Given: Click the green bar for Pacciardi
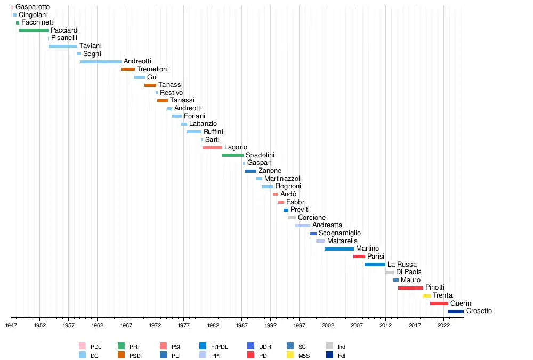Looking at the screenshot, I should point(33,30).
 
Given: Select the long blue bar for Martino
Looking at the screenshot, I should point(339,249).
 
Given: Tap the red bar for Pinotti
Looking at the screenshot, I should point(410,288).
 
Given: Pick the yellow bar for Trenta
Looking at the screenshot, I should point(426,296).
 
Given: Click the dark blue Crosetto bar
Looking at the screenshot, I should point(455,311).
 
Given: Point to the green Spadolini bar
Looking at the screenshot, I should point(232,155).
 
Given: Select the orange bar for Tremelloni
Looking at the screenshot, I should point(128,69).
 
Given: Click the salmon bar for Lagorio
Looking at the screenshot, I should point(212,148).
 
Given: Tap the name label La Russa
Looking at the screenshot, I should point(402,265).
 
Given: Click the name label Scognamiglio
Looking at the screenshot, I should point(340,233).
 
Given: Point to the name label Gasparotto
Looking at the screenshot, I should point(33,7).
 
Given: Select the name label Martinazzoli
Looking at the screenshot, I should point(282,179).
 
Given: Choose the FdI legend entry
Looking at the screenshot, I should point(342,355).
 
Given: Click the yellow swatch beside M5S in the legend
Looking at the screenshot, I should point(290,355).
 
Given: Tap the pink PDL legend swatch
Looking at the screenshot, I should point(82,347).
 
